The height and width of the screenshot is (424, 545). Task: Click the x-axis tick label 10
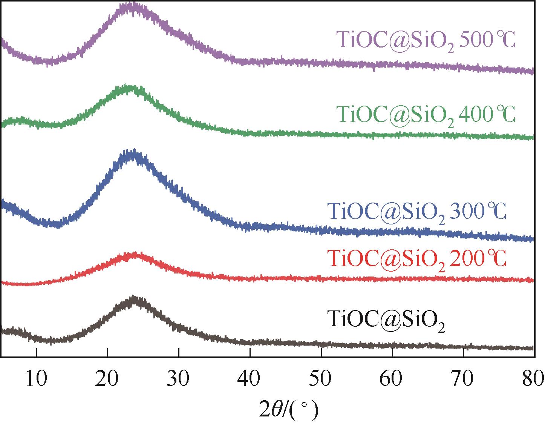pyautogui.click(x=36, y=379)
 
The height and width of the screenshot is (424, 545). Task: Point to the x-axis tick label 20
pyautogui.click(x=107, y=379)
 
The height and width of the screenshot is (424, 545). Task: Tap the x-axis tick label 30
pyautogui.click(x=179, y=379)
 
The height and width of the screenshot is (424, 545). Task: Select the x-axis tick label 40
pyautogui.click(x=250, y=379)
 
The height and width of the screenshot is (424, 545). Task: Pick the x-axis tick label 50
pyautogui.click(x=321, y=379)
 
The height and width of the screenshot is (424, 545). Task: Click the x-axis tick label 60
pyautogui.click(x=392, y=379)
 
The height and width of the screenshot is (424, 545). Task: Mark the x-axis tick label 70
pyautogui.click(x=463, y=379)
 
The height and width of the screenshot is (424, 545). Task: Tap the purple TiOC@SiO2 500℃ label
pyautogui.click(x=426, y=40)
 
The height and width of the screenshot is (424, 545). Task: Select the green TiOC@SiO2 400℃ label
pyautogui.click(x=426, y=114)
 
